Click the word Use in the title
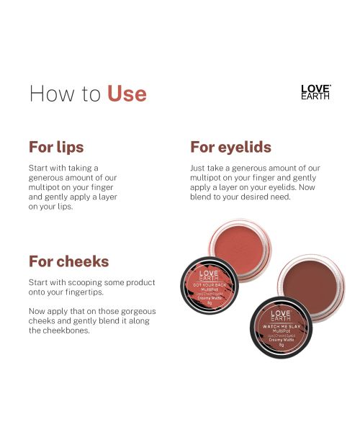[x=127, y=94]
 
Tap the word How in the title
[x=49, y=94]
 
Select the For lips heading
[x=56, y=147]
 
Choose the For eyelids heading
[x=230, y=147]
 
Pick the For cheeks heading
[x=68, y=261]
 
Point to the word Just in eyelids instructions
[x=189, y=168]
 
